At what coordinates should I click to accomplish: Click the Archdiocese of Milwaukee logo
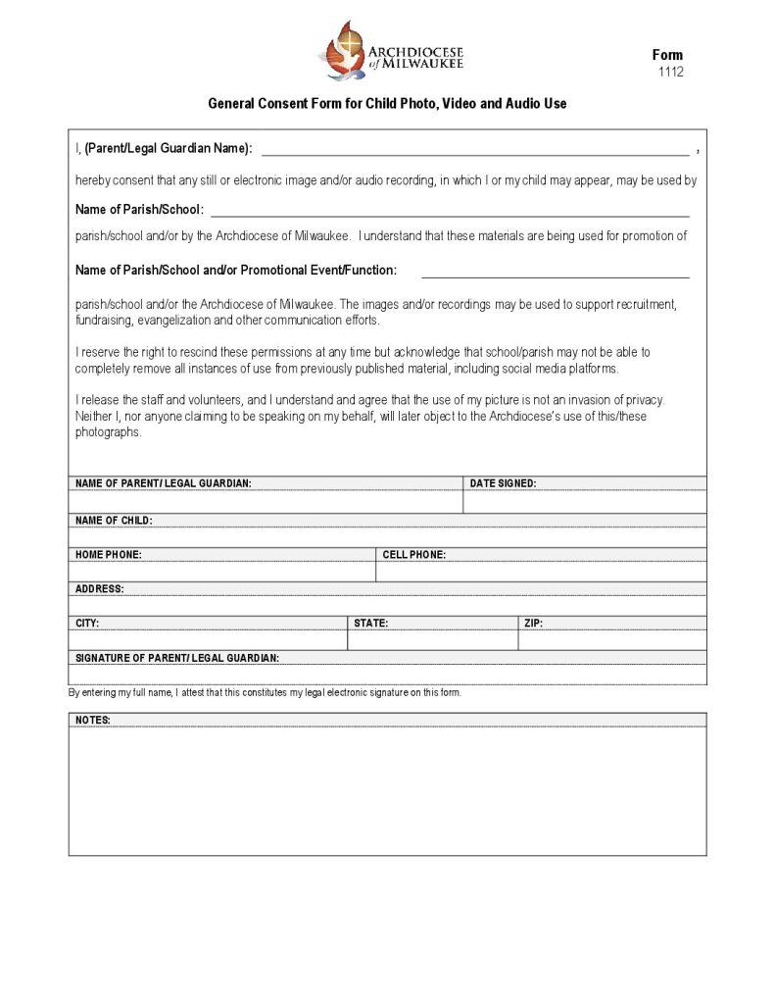(391, 50)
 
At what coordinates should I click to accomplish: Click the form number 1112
(670, 72)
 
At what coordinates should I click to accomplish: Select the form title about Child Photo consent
(387, 103)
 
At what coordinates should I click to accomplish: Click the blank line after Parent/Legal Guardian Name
(474, 150)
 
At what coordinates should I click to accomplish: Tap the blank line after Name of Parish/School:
(450, 210)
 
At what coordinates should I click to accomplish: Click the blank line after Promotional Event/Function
(555, 272)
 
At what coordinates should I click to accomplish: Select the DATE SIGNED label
(503, 483)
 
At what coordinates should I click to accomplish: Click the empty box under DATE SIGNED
(584, 501)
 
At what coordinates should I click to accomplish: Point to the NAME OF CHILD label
(114, 520)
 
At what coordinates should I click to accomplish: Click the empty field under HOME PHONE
(221, 571)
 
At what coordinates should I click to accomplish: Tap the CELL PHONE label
(413, 554)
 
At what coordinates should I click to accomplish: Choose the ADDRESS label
(100, 588)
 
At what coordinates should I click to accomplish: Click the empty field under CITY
(208, 639)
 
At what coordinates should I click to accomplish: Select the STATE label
(370, 623)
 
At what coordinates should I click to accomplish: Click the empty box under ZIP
(611, 639)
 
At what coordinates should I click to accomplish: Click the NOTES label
(93, 721)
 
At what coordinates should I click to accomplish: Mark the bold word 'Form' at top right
(667, 55)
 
